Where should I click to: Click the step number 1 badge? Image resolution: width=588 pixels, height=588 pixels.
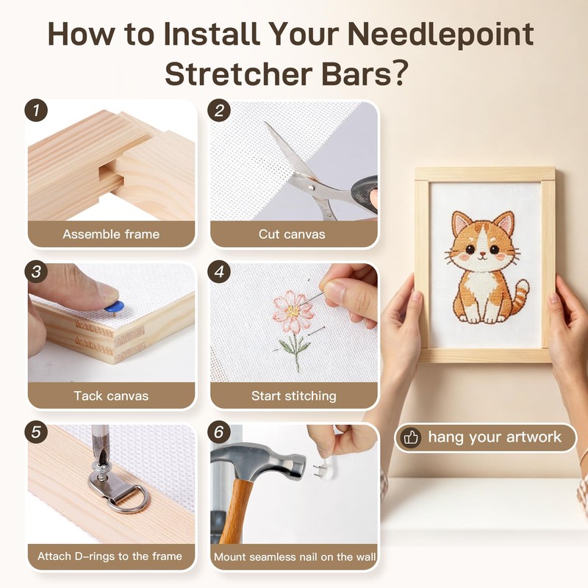coord(36,111)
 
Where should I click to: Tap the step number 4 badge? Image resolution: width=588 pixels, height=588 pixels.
coord(219,271)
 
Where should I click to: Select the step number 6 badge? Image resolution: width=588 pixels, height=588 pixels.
coord(219,432)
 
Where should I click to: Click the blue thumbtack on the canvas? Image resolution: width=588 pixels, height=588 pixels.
coord(114,306)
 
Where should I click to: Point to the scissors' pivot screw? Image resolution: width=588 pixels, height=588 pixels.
coord(310,187)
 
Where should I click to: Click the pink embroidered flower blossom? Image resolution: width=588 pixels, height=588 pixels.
coord(293,311)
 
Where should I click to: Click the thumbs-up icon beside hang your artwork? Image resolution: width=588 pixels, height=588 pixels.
coord(411,437)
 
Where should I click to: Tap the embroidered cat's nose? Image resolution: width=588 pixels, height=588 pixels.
coord(484,254)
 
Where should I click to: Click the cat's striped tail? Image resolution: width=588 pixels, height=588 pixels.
coord(519,297)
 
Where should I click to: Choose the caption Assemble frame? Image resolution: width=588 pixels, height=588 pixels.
coord(111,234)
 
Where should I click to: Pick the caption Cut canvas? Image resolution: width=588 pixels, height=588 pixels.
coord(292,234)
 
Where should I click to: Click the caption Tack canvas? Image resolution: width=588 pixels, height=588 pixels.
coord(111,396)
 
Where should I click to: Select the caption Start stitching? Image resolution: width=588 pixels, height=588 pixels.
coord(293,396)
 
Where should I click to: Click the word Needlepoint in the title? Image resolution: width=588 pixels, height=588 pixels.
coord(440,35)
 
